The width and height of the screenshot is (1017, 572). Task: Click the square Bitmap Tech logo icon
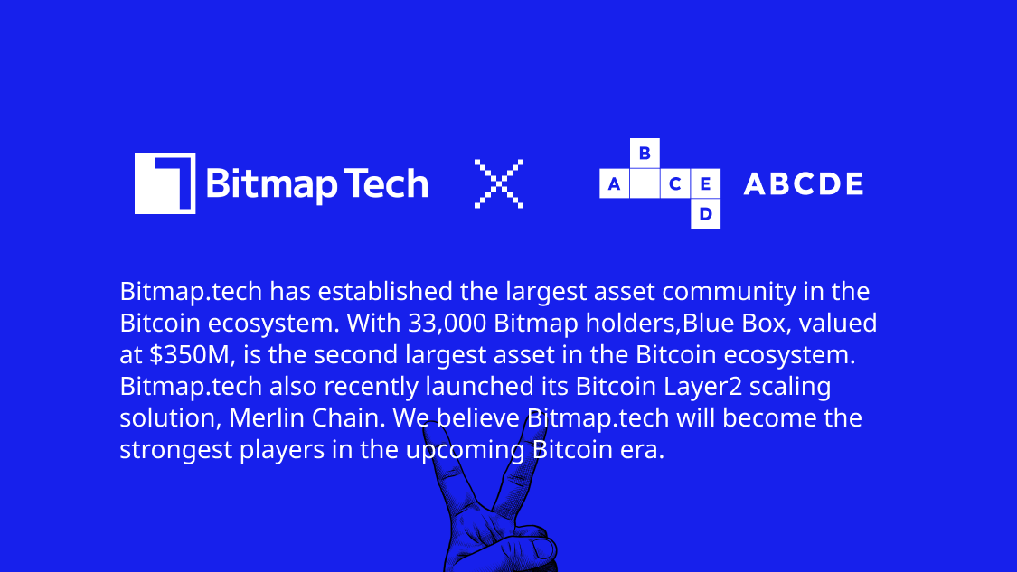[165, 183]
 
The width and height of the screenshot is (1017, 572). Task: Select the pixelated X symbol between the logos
[499, 184]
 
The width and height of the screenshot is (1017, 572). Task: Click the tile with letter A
[615, 184]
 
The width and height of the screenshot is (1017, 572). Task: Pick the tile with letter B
[645, 154]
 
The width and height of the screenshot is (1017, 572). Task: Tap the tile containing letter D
[705, 214]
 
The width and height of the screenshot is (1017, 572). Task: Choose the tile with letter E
[705, 184]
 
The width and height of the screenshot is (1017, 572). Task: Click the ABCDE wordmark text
[803, 184]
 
